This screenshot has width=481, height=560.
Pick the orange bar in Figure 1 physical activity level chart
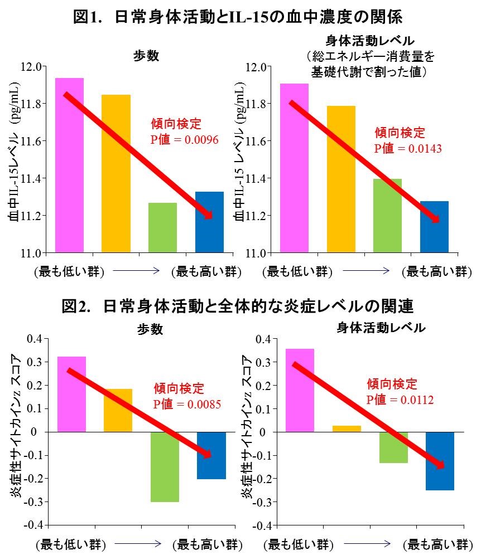341,179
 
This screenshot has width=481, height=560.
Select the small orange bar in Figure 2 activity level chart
347,428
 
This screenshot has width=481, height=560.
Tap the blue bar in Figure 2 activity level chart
440,461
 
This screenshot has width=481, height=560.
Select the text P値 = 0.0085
187,403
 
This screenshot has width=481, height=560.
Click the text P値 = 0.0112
400,399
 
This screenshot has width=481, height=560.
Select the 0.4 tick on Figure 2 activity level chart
263,338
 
